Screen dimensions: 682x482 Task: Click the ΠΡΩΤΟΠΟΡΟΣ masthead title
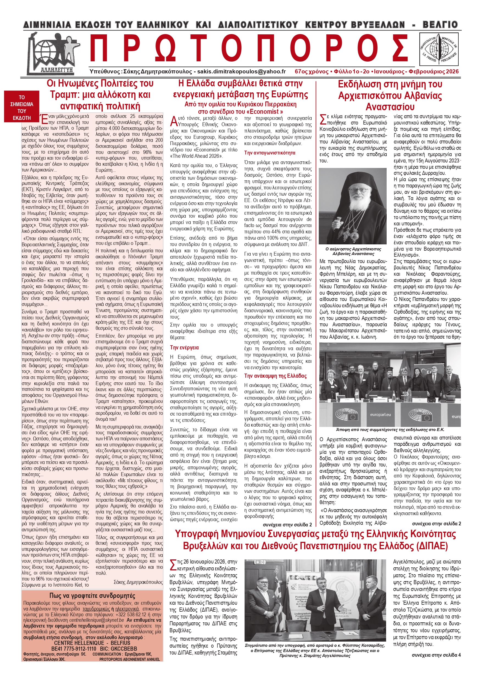coord(248,49)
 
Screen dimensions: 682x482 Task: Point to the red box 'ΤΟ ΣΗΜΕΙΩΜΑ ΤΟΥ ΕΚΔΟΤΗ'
coord(21,107)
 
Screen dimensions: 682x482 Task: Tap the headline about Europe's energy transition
coord(240,89)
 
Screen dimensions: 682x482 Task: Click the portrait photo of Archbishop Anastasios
coord(353,206)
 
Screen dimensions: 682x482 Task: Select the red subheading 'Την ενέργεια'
coord(184,347)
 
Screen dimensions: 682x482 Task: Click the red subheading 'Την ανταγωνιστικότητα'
coord(270,153)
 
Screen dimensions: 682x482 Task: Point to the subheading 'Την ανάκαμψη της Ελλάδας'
coord(275,376)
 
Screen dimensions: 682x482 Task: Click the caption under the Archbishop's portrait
coord(353,251)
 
